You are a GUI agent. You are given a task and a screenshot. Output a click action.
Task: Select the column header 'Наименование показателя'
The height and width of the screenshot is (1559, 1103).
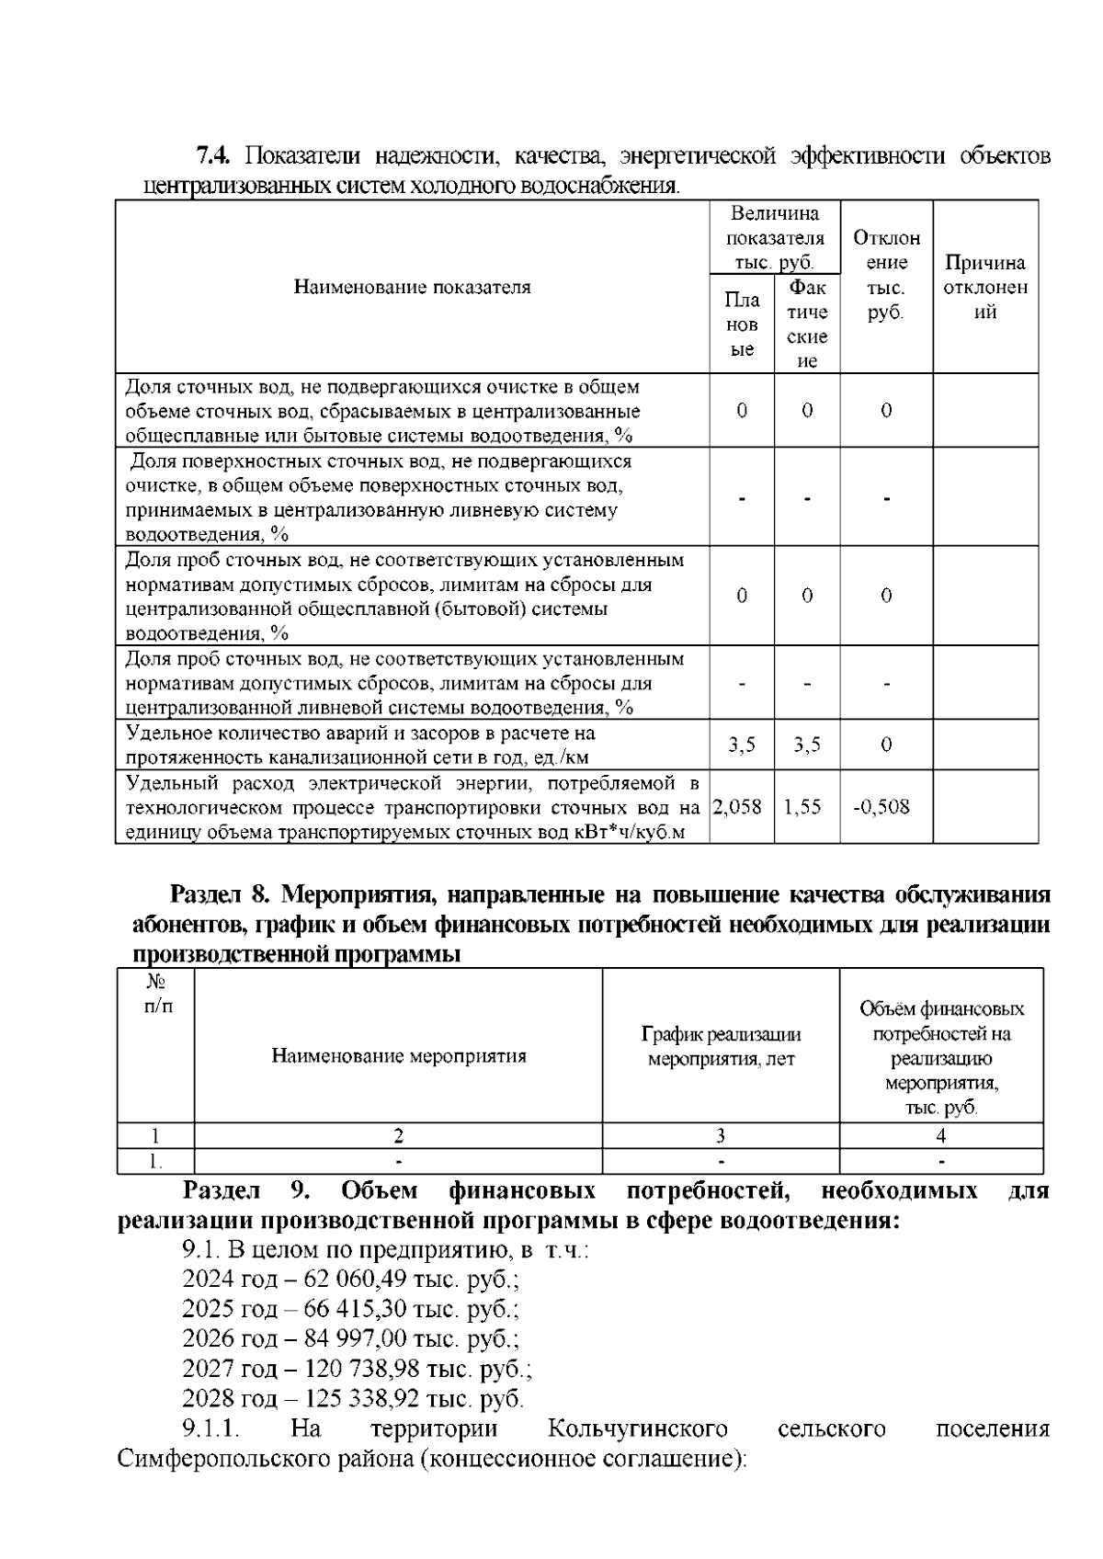pos(412,287)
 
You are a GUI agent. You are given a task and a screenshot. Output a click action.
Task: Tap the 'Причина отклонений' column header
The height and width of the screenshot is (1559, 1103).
pos(985,287)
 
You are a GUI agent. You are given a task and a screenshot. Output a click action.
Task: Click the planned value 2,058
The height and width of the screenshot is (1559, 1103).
pos(737,807)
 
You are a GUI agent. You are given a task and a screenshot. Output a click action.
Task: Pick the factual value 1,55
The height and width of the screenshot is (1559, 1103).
pos(802,807)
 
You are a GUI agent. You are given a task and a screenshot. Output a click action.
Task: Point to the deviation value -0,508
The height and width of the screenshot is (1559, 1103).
pos(881,807)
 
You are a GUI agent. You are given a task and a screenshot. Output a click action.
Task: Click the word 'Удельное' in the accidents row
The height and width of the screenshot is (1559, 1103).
pos(160,734)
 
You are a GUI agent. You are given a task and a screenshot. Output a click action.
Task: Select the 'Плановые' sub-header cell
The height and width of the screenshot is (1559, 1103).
pos(742,324)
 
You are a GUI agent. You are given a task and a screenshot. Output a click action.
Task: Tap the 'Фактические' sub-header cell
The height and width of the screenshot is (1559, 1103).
pos(807,324)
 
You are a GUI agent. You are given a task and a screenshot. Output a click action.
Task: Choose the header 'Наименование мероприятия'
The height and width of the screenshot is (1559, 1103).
pos(399,1055)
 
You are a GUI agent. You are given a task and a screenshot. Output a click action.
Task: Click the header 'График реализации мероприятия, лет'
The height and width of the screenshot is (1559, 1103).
pos(721,1047)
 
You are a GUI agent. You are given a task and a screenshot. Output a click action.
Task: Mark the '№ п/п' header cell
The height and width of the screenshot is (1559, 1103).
pos(155,995)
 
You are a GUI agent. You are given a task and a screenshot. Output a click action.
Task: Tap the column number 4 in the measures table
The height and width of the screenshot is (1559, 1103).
pos(940,1135)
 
